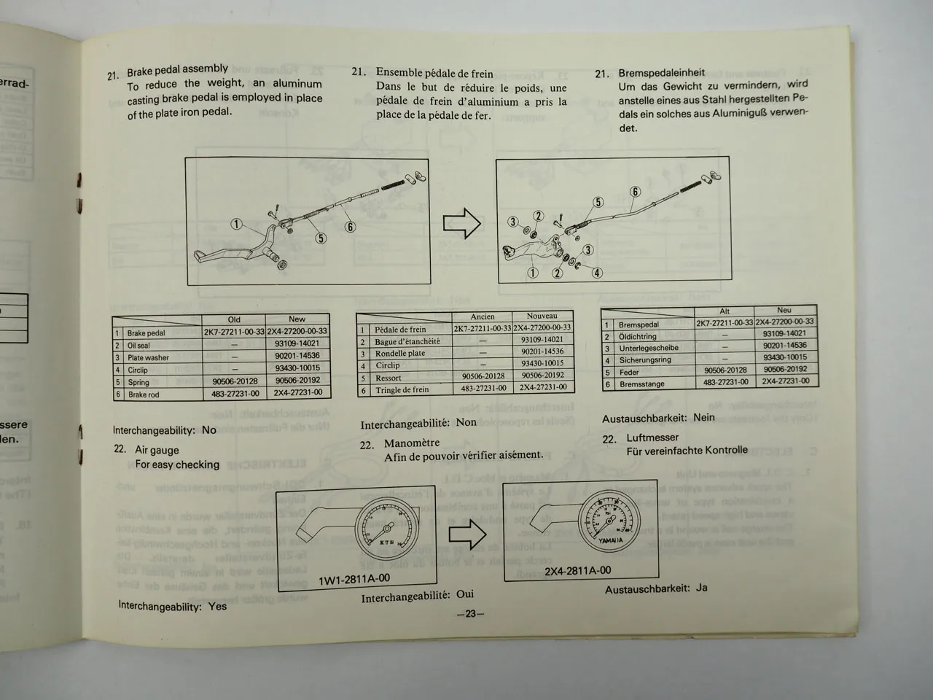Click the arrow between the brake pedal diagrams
[x=462, y=224]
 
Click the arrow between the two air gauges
[x=467, y=535]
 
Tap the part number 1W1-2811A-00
[x=354, y=579]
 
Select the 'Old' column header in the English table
[x=233, y=319]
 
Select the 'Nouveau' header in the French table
[x=542, y=316]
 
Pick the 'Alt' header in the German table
[x=725, y=311]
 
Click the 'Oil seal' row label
[x=138, y=346]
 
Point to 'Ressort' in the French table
[x=389, y=378]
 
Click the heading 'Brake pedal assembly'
[x=177, y=70]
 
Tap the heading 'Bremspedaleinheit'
[x=661, y=72]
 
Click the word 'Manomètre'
[x=412, y=443]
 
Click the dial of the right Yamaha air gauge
[x=610, y=519]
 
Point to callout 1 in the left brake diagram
[x=237, y=224]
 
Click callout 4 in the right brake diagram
[x=597, y=273]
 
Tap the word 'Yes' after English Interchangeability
[x=217, y=606]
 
